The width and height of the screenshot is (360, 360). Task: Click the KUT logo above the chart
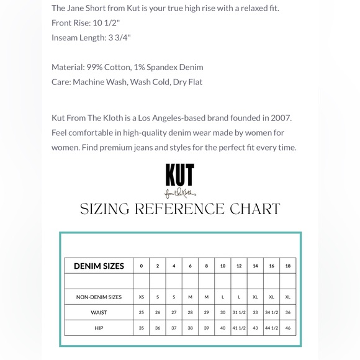tap(179, 179)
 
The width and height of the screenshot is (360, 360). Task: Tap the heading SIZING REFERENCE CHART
tap(180, 209)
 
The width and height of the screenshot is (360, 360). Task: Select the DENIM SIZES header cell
tap(99, 266)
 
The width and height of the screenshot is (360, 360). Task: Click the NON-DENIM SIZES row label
tap(99, 297)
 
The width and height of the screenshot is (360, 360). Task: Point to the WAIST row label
tap(99, 312)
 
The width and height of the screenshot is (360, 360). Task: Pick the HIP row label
tap(99, 328)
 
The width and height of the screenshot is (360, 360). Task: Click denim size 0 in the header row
tap(142, 266)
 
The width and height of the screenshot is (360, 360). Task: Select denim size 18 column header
tap(288, 266)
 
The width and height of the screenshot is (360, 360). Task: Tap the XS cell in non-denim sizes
tap(142, 297)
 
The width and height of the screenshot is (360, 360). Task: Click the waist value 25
tap(142, 312)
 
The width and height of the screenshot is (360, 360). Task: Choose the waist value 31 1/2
tap(239, 312)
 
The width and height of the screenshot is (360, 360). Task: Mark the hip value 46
tap(288, 328)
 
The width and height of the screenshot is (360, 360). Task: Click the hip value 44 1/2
tap(271, 328)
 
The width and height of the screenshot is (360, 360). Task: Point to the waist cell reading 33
tap(255, 312)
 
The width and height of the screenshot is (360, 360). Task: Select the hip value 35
tap(142, 328)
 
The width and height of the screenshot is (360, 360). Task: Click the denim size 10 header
tap(223, 266)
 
